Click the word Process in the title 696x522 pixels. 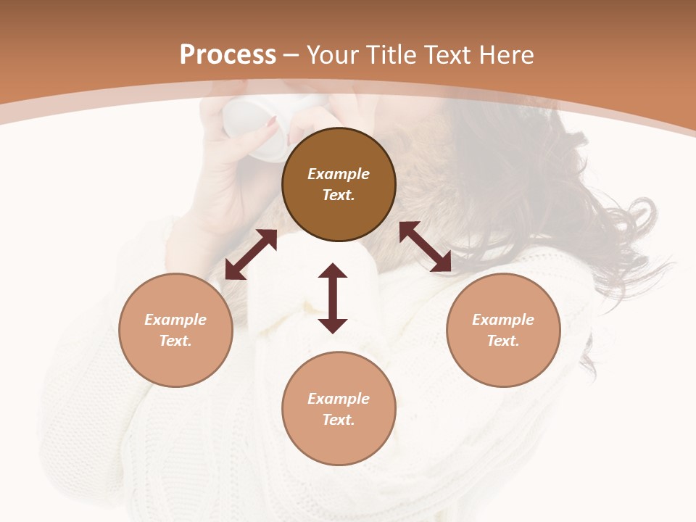(228, 55)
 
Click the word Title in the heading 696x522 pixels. (390, 55)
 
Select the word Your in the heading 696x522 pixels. (333, 55)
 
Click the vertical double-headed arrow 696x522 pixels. (333, 298)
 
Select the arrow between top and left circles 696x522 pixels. (251, 254)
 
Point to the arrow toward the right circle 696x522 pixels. (425, 246)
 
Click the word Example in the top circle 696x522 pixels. (339, 174)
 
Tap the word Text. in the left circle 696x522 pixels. (175, 341)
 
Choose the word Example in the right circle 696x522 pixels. (503, 320)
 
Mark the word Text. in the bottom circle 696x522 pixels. (339, 420)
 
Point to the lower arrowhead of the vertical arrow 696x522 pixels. (333, 324)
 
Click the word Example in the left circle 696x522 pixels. (175, 320)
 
